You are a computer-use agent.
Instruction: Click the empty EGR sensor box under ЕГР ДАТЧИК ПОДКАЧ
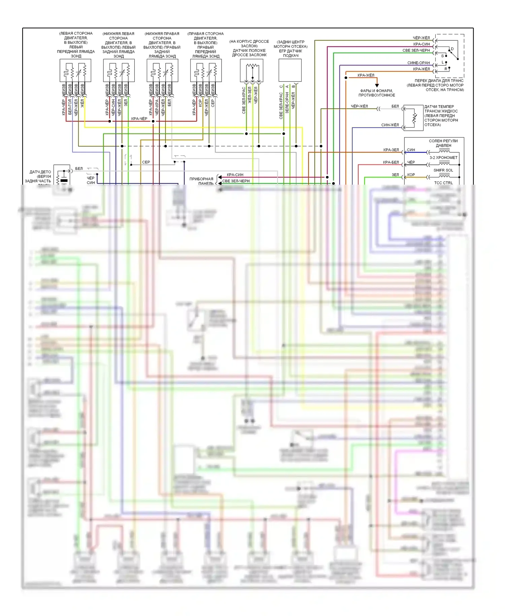290,70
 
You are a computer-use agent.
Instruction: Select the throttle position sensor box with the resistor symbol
251,70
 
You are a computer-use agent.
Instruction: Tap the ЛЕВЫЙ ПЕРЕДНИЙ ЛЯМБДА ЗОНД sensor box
75,70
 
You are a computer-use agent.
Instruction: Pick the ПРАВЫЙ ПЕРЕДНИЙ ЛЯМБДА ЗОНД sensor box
206,70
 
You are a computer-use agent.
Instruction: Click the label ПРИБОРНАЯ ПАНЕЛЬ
201,181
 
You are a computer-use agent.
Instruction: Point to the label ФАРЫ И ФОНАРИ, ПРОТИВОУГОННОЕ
376,93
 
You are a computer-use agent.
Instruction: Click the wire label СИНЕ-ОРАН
418,63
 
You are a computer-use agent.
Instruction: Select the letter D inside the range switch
452,49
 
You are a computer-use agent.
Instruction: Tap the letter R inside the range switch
446,69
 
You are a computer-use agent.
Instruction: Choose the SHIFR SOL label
443,170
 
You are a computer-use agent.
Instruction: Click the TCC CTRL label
443,183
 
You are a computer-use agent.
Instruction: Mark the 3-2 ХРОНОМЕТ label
443,158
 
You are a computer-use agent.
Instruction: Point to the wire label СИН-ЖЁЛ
390,125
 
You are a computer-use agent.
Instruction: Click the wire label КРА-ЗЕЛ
391,150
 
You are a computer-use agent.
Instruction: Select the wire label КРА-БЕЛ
391,162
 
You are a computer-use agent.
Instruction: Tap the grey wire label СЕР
146,162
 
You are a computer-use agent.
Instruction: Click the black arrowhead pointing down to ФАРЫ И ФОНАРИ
377,85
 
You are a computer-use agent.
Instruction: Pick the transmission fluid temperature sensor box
413,118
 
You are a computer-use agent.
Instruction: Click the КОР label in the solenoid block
411,175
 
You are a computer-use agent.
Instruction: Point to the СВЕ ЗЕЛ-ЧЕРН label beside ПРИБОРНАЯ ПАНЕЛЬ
236,181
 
